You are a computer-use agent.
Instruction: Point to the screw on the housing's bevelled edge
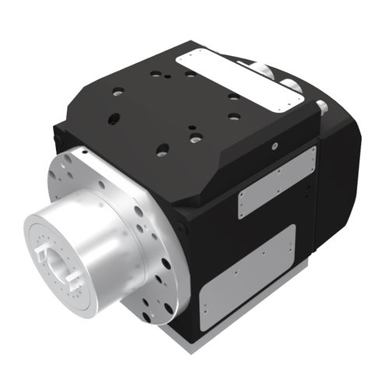(274, 144)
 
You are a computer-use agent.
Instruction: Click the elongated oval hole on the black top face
(114, 119)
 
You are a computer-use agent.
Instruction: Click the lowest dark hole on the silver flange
(167, 308)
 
